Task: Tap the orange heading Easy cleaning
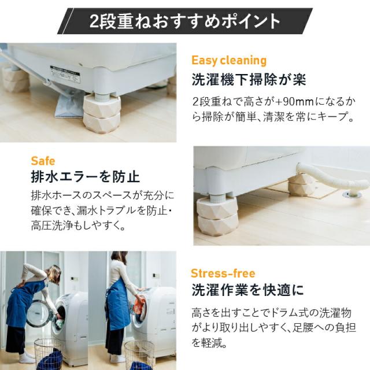coord(228,60)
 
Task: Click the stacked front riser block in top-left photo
coord(101,113)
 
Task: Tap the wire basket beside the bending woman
coord(46,353)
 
